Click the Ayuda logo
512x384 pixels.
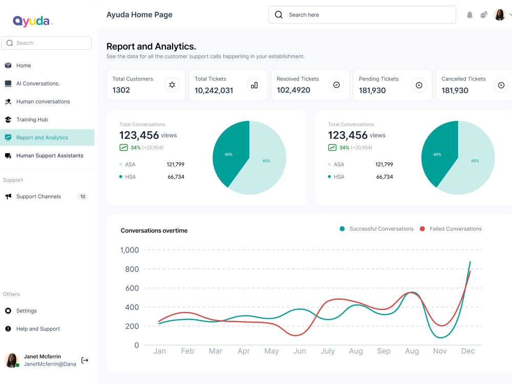32,21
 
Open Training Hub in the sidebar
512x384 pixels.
32,119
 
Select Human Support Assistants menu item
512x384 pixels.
50,156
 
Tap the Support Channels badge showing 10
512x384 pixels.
82,197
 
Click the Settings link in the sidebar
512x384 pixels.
27,311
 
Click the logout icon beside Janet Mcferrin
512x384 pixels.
85,360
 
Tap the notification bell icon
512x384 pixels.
470,15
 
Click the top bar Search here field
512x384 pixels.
362,15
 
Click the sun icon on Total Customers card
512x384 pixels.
172,85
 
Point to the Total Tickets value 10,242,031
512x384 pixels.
214,91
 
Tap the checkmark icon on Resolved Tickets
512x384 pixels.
336,85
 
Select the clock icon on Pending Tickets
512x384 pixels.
419,85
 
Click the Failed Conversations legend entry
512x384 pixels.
451,229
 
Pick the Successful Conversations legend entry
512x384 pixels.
376,229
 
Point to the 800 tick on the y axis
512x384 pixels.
132,269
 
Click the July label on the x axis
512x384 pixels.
328,351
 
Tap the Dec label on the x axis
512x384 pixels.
468,351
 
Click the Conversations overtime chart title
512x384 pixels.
154,230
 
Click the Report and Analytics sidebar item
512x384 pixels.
47,137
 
